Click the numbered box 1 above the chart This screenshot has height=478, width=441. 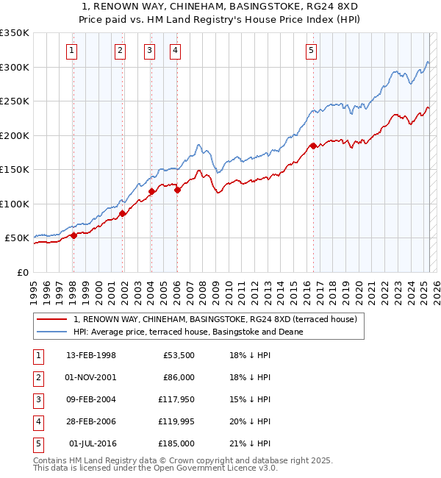click(x=72, y=51)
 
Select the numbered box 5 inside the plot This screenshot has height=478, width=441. click(x=312, y=51)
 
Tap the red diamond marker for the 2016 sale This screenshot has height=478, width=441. click(x=313, y=146)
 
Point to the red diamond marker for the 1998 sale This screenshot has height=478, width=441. click(x=73, y=236)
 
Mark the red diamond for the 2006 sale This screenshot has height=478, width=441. click(x=178, y=190)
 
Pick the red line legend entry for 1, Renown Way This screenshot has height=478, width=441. click(x=215, y=319)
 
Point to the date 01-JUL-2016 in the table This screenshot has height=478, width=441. click(x=93, y=443)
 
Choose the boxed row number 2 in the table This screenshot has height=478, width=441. click(x=37, y=377)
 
